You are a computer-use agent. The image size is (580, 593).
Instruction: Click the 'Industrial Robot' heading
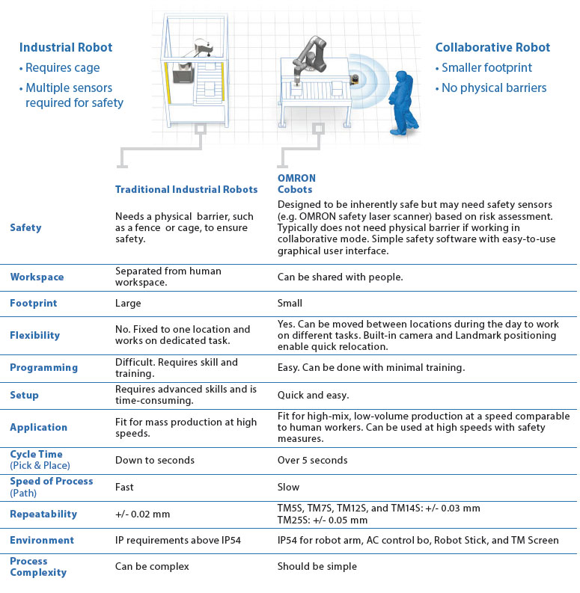pyautogui.click(x=66, y=48)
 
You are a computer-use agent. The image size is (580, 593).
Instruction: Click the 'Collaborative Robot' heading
pyautogui.click(x=492, y=48)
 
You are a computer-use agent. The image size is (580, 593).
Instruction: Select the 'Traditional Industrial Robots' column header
pyautogui.click(x=186, y=190)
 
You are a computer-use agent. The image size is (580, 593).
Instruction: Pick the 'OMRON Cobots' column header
pyautogui.click(x=296, y=184)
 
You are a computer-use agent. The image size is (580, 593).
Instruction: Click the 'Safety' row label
pyautogui.click(x=25, y=227)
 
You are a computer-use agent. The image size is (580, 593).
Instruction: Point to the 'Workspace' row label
pyautogui.click(x=37, y=277)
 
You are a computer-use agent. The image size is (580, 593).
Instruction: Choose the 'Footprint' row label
pyautogui.click(x=34, y=304)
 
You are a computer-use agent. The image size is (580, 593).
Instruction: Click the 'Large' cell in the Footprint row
pyautogui.click(x=128, y=304)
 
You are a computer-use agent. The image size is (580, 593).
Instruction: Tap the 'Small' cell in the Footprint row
pyautogui.click(x=290, y=304)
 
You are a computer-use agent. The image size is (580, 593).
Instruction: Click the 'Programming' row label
pyautogui.click(x=43, y=367)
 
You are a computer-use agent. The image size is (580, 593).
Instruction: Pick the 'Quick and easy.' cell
pyautogui.click(x=313, y=395)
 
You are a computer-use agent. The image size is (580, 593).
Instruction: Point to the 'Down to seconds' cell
pyautogui.click(x=154, y=460)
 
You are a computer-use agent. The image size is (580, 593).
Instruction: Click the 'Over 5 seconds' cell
pyautogui.click(x=313, y=460)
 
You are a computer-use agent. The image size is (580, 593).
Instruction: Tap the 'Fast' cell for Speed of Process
pyautogui.click(x=124, y=487)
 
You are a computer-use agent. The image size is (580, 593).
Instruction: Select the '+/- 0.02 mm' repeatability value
pyautogui.click(x=143, y=514)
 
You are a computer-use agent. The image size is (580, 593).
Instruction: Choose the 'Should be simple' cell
pyautogui.click(x=317, y=566)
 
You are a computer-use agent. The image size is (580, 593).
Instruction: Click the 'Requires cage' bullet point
pyautogui.click(x=59, y=68)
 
